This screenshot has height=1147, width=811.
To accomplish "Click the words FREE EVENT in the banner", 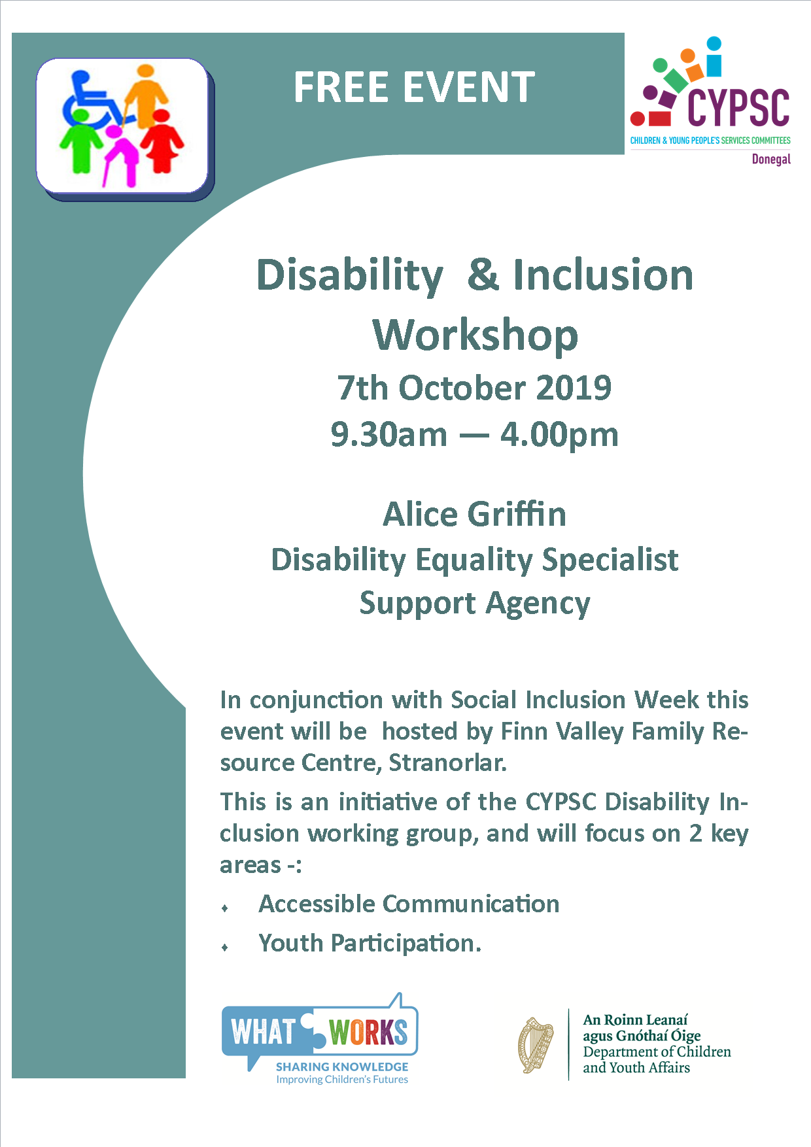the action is click(x=414, y=88).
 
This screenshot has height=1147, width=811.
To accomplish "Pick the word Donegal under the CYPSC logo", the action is click(x=771, y=159).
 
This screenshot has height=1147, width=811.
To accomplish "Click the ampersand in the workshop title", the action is click(x=483, y=275).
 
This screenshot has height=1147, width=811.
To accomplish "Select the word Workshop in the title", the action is click(x=475, y=335).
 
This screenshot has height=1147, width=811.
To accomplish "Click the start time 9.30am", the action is click(x=389, y=435).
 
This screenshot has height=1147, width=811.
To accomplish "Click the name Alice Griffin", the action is click(x=475, y=514).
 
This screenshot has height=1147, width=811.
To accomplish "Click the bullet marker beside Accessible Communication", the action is click(x=225, y=908).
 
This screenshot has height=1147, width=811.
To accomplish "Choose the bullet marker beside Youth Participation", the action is click(x=225, y=947).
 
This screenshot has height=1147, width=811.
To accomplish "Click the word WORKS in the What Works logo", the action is click(x=368, y=1032).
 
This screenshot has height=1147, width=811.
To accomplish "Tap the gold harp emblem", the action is click(x=536, y=1044).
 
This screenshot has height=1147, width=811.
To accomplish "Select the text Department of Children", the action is click(x=657, y=1052).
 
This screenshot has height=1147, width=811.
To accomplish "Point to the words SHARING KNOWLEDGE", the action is click(x=342, y=1067).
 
